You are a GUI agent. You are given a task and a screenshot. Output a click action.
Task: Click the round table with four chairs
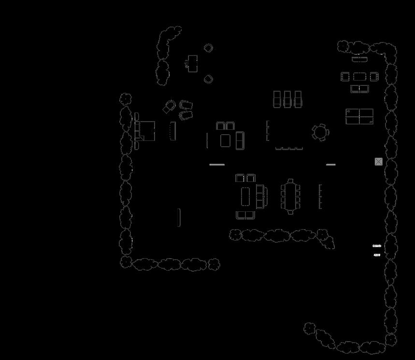pyautogui.click(x=320, y=132)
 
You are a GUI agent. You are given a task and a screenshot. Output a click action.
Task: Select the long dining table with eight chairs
pyautogui.click(x=290, y=196)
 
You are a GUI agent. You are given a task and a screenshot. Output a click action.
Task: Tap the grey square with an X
pyautogui.click(x=378, y=162)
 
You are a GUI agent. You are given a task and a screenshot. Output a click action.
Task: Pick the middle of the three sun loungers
pyautogui.click(x=287, y=99)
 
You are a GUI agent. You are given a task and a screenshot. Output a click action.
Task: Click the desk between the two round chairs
pyautogui.click(x=192, y=63)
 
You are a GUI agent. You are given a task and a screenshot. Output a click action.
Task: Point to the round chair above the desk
pyautogui.click(x=208, y=48)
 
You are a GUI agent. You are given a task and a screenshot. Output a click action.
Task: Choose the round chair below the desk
pyautogui.click(x=208, y=79)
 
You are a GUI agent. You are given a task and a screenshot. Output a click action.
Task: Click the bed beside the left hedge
pyautogui.click(x=145, y=131)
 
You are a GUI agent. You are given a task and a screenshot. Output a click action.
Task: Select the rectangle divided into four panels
pyautogui.click(x=359, y=117)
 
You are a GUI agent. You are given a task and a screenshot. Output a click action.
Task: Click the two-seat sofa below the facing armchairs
pyautogui.click(x=359, y=89)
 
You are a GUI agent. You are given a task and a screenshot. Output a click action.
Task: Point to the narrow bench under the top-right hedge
pyautogui.click(x=359, y=59)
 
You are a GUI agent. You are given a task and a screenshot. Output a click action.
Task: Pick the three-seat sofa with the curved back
pyautogui.click(x=261, y=195)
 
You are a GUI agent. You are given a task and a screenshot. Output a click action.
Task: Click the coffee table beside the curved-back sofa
pyautogui.click(x=247, y=195)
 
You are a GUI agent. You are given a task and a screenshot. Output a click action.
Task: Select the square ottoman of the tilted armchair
pyautogui.click(x=168, y=109)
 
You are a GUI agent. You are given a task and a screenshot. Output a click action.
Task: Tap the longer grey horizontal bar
pyautogui.click(x=217, y=165)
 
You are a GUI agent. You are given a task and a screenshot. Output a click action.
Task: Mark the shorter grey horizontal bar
pyautogui.click(x=330, y=165)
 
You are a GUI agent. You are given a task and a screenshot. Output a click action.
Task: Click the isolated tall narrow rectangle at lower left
pyautogui.click(x=179, y=217)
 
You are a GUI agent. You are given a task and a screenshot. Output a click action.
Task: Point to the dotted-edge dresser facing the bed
pyautogui.click(x=172, y=131)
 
